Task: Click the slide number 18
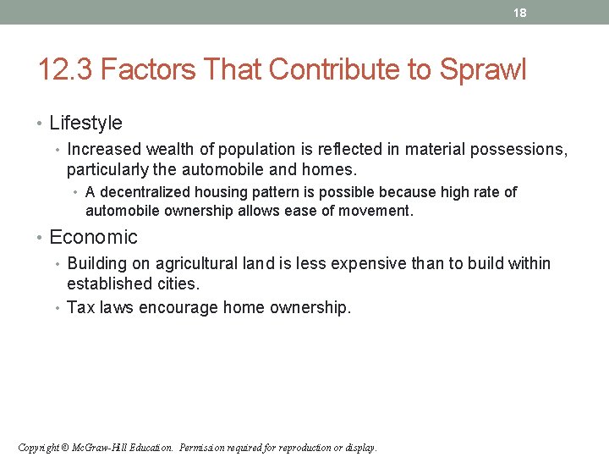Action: (520, 13)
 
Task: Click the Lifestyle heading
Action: (85, 124)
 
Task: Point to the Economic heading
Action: (93, 237)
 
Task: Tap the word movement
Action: (377, 211)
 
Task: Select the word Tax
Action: (80, 307)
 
